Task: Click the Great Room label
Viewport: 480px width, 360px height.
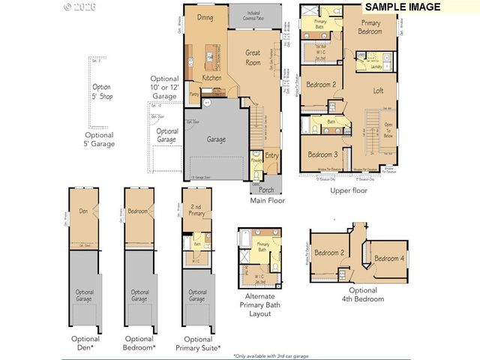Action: click(x=253, y=58)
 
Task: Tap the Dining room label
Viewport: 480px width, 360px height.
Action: click(x=205, y=16)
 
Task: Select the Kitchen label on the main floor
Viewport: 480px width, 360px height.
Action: click(x=211, y=78)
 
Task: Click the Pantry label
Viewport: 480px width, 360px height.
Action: click(x=194, y=94)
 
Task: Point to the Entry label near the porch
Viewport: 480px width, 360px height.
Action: click(x=271, y=156)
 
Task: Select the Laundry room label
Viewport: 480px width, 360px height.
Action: click(x=376, y=66)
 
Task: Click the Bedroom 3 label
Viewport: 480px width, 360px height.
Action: click(x=322, y=154)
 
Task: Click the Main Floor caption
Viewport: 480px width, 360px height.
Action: click(x=268, y=201)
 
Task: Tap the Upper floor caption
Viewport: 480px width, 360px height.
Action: click(x=349, y=190)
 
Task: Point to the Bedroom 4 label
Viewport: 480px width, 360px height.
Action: click(x=388, y=259)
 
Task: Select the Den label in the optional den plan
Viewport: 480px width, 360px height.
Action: click(x=85, y=211)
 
